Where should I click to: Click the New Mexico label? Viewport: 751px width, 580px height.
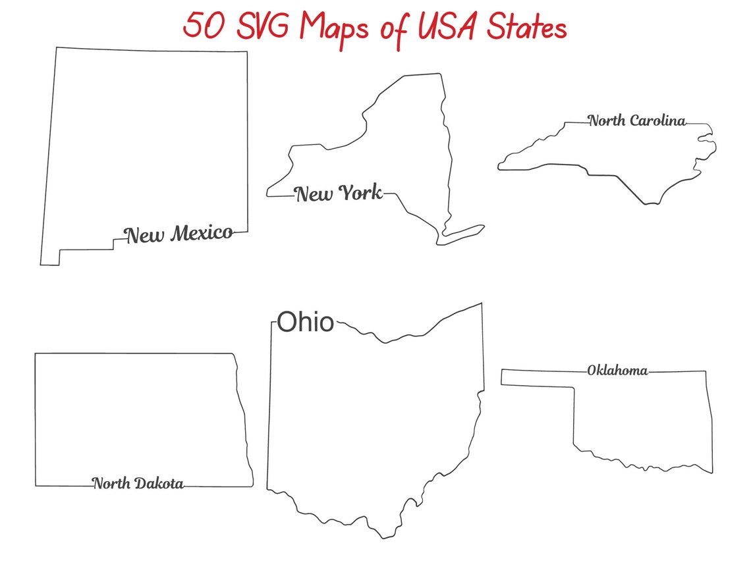tap(179, 234)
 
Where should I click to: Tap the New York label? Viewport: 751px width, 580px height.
tap(338, 194)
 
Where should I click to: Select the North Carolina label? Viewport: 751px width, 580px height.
tap(637, 120)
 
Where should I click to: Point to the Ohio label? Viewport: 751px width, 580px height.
tap(305, 323)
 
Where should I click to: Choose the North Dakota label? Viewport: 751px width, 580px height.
tap(138, 484)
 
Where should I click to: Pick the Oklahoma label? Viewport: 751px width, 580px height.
tap(617, 371)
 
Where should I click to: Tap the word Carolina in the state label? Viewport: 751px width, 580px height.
tap(657, 120)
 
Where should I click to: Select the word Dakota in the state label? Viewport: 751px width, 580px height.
tap(159, 484)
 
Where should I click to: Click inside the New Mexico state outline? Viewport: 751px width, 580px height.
tap(145, 145)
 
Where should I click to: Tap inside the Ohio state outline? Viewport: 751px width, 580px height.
tap(375, 421)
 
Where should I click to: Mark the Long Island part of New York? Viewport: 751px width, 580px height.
tap(464, 232)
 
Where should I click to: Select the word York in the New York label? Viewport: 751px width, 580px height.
tap(360, 193)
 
